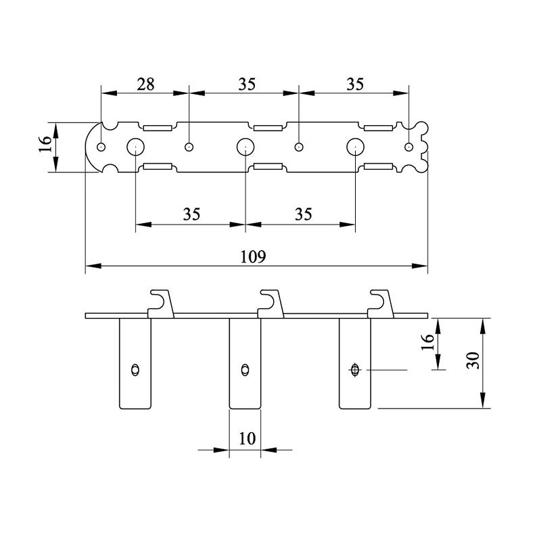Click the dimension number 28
point(145,85)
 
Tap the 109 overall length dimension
point(253,257)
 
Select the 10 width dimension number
point(248,438)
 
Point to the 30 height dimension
point(473,360)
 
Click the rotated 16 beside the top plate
point(45,144)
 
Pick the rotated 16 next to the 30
point(427,342)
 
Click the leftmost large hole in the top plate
point(136,147)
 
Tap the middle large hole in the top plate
point(245,147)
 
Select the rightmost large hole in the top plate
point(356,147)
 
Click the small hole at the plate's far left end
point(101,147)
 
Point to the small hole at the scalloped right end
point(409,147)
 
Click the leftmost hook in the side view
point(161,304)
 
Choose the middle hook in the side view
point(271,304)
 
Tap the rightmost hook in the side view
point(381,304)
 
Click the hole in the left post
point(135,370)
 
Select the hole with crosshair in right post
point(355,370)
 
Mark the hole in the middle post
point(245,370)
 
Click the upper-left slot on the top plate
point(158,128)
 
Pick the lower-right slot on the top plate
point(379,166)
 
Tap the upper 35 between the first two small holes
point(247,85)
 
